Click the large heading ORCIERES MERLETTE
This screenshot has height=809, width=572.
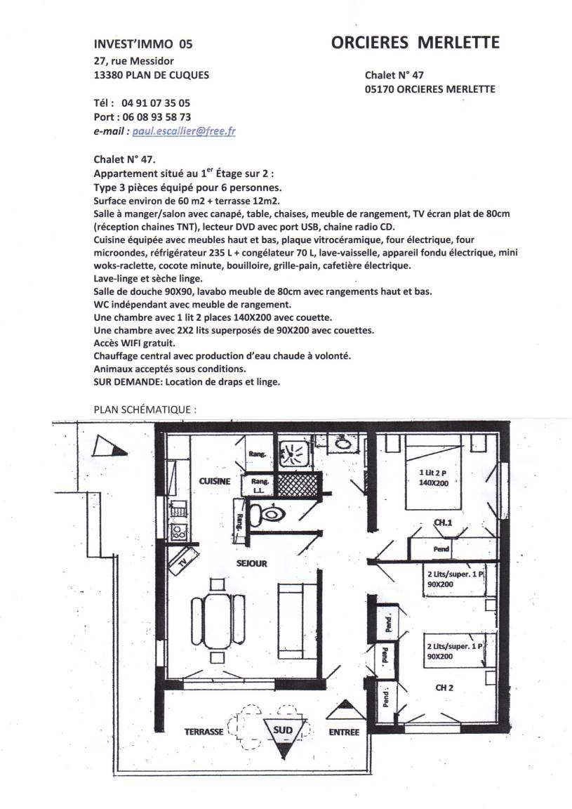415,43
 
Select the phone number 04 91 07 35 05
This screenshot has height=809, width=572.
156,102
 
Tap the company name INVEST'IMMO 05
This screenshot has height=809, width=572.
142,44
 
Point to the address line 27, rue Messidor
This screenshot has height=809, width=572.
133,61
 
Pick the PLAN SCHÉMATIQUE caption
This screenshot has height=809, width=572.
145,408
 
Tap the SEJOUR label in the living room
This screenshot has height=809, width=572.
251,564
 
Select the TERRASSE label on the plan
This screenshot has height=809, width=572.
204,731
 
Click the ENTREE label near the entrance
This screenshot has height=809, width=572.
344,732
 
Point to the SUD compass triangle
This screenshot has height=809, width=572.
283,733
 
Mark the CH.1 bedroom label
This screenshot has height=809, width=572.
442,522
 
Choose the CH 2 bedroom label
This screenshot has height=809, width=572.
444,688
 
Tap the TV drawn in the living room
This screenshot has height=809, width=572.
182,562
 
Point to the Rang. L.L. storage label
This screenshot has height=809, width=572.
259,485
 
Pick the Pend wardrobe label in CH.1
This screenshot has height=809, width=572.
441,548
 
